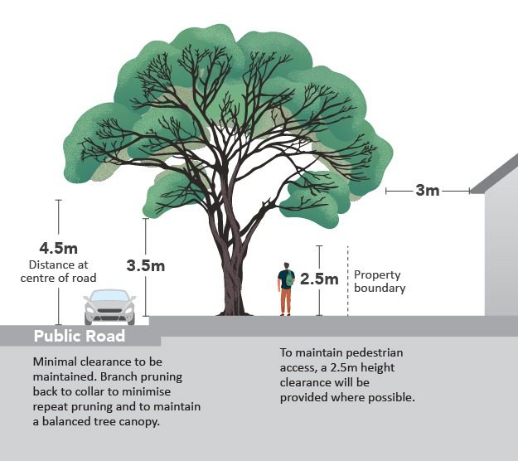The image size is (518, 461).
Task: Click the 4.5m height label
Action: click(x=58, y=248)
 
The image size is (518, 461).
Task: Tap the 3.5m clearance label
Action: click(x=146, y=265)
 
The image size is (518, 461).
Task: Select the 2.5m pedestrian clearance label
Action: click(x=319, y=279)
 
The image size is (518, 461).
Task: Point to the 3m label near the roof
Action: click(x=427, y=191)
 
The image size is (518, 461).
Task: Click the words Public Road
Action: click(x=80, y=336)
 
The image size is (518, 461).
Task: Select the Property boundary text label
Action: click(x=380, y=281)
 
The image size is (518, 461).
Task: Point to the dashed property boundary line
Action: click(x=348, y=282)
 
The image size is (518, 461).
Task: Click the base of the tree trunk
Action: click(x=235, y=308)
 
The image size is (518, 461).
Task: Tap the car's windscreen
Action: click(x=109, y=297)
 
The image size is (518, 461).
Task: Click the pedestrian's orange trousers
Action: click(x=286, y=302)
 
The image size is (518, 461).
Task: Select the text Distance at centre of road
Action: click(x=58, y=271)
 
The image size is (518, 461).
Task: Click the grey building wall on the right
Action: click(x=501, y=257)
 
